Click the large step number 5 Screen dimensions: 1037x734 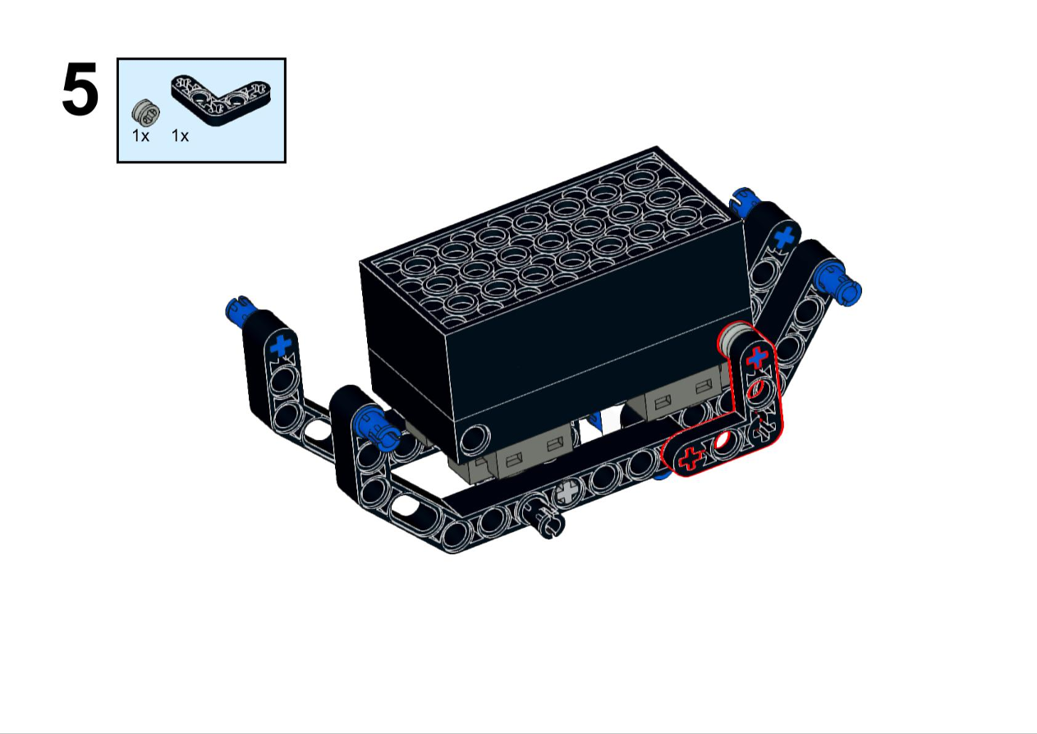80,89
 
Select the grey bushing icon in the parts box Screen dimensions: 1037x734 146,112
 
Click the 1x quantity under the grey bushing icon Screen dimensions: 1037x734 140,136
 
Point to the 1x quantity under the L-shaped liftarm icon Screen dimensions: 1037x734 180,136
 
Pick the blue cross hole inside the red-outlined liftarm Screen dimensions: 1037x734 757,357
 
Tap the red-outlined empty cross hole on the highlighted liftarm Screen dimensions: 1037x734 691,458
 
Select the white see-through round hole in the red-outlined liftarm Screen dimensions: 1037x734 723,439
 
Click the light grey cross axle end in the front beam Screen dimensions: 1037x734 567,492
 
